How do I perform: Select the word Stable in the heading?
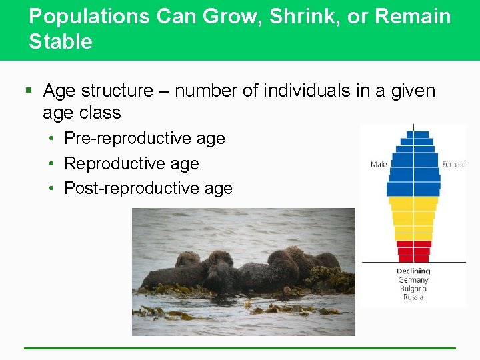[x=61, y=42]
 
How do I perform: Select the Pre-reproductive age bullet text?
[x=145, y=138]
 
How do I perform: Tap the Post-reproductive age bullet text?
[x=148, y=189]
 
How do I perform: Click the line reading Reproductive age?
[x=131, y=163]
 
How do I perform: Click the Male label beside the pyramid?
[x=379, y=164]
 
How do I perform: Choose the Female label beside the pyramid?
[x=454, y=164]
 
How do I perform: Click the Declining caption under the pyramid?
[x=413, y=271]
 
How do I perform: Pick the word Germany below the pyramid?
[x=413, y=280]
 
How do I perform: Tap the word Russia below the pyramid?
[x=413, y=297]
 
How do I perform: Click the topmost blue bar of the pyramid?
[x=417, y=135]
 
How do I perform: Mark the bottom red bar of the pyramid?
[x=413, y=259]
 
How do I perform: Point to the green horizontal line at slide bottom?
[x=240, y=348]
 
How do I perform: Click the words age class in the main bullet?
[x=81, y=113]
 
